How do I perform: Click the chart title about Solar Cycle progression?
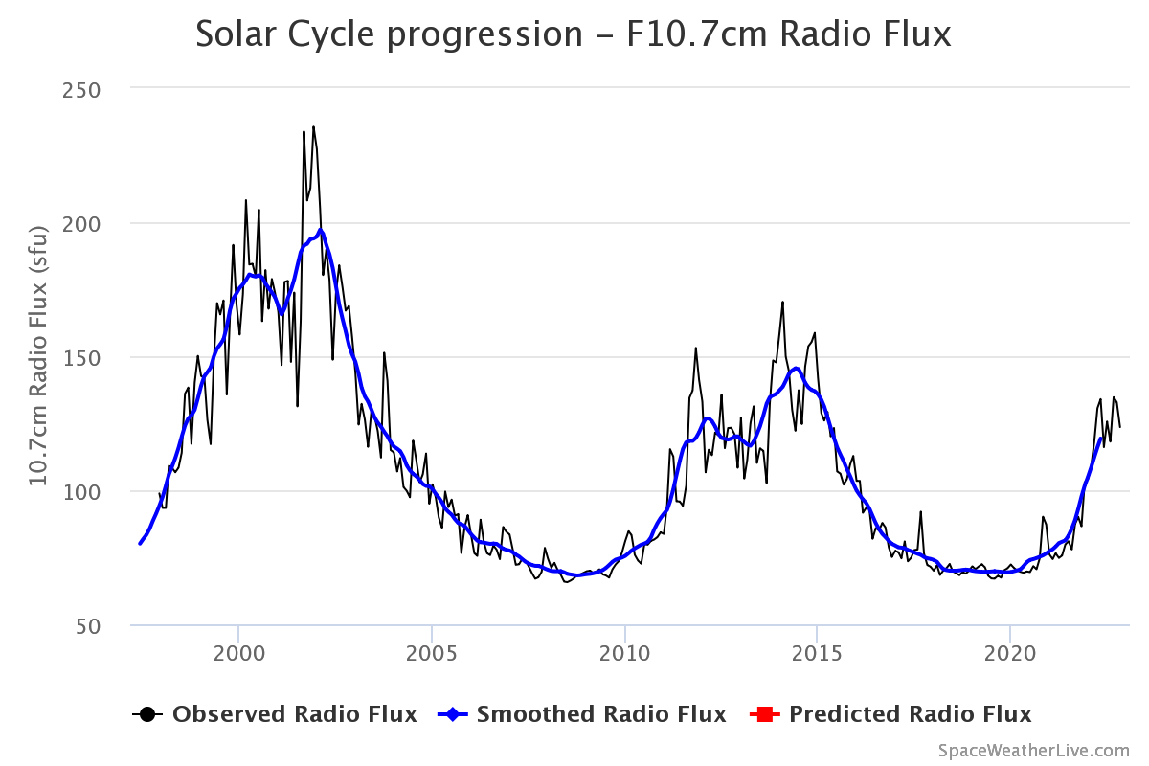573,34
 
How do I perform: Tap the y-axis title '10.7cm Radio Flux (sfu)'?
38,355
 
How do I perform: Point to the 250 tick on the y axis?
81,91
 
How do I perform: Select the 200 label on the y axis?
81,224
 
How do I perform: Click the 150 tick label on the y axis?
81,358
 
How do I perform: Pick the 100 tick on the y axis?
81,492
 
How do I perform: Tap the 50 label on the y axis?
88,626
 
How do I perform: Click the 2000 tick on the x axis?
239,654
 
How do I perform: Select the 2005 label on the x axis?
432,654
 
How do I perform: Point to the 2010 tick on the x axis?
624,654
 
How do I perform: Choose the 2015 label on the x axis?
817,654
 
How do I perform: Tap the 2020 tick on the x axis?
1010,654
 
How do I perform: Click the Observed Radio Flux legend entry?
275,714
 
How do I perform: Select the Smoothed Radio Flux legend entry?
582,714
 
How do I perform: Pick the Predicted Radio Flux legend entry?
890,714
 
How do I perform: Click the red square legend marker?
765,714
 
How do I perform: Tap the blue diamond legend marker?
452,714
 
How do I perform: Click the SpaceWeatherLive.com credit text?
1033,751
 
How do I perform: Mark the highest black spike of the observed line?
313,126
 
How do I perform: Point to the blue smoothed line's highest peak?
321,230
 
